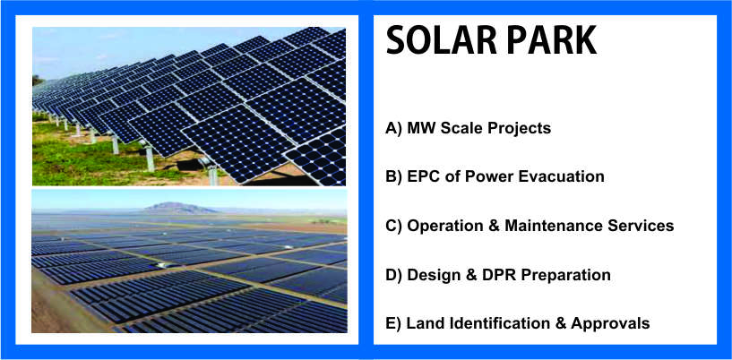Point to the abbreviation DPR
click(x=500, y=275)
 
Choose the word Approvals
click(x=610, y=324)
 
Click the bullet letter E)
click(x=393, y=324)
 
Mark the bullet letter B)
click(x=393, y=177)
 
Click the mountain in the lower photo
click(x=180, y=208)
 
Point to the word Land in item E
click(x=423, y=323)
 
